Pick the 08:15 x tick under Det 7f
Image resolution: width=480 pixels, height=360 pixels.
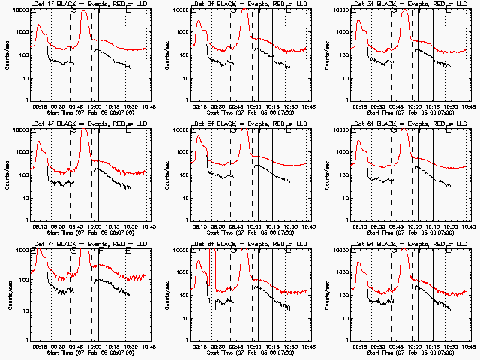point(42,346)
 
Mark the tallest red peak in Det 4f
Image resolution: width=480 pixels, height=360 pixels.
point(84,131)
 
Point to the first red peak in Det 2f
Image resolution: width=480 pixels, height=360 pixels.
point(199,21)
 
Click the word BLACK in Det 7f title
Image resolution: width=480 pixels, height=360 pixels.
point(67,244)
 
